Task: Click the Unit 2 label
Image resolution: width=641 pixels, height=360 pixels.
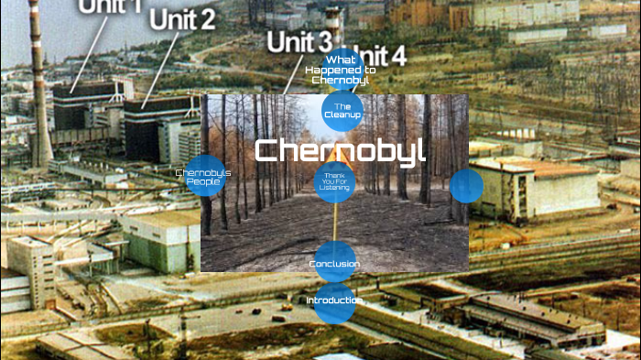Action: click(183, 18)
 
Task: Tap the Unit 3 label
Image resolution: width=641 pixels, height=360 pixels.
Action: click(299, 41)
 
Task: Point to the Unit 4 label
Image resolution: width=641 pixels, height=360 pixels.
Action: click(380, 55)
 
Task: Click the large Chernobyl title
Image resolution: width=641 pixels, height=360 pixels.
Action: click(340, 149)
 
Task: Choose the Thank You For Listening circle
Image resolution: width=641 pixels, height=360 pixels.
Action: click(335, 180)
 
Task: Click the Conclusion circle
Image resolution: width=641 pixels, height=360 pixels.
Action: click(334, 264)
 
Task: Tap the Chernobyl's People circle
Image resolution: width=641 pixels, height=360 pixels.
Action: click(203, 177)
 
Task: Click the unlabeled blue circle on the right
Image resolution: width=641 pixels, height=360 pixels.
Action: click(466, 186)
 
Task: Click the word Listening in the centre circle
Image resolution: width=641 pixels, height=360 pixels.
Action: click(334, 187)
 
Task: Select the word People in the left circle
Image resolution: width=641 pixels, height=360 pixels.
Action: click(202, 181)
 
